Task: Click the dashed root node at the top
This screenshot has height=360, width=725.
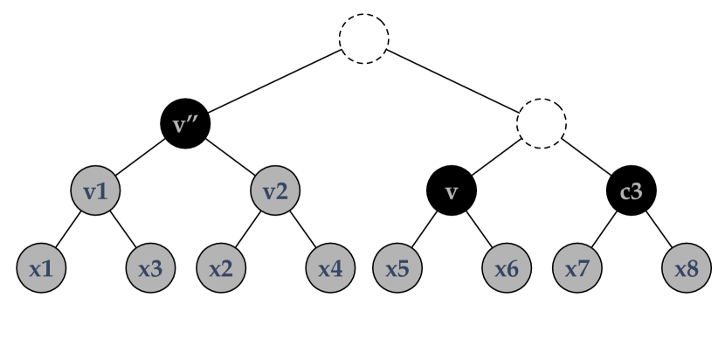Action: click(x=364, y=39)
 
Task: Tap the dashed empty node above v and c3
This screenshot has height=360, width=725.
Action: click(x=542, y=122)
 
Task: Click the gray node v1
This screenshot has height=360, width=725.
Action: click(x=96, y=190)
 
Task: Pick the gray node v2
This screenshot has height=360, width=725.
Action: click(x=276, y=190)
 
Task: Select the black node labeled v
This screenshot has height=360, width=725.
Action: click(x=452, y=190)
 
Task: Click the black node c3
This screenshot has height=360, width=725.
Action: click(x=632, y=190)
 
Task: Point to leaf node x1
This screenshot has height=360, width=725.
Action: click(x=41, y=268)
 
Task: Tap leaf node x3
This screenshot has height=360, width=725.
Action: click(x=150, y=268)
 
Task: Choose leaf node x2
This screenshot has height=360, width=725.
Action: click(x=221, y=268)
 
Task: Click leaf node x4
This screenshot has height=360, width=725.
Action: click(x=330, y=268)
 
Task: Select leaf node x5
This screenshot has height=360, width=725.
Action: click(x=398, y=268)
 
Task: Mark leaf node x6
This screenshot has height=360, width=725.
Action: click(x=507, y=268)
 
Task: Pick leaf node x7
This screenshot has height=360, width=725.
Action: click(x=577, y=268)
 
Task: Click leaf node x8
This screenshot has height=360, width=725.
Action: click(x=687, y=268)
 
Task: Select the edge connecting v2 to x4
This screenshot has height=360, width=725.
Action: click(x=303, y=229)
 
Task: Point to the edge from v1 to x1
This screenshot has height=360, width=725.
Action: click(x=69, y=229)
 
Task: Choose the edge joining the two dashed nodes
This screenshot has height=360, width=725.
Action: click(x=452, y=80)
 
